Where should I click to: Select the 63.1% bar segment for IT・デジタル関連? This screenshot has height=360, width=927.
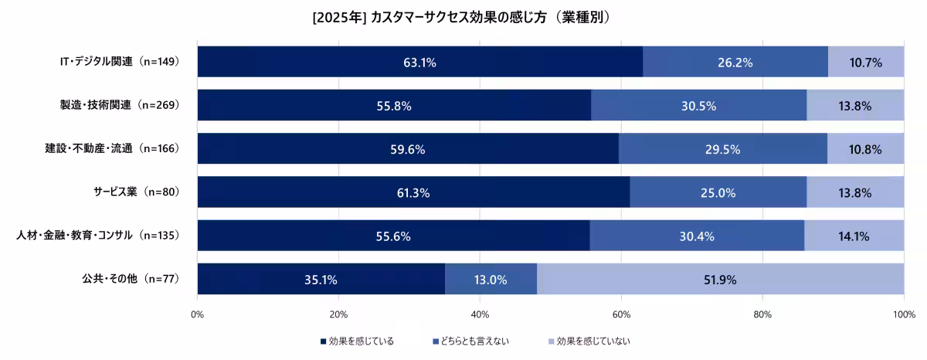pyautogui.click(x=419, y=62)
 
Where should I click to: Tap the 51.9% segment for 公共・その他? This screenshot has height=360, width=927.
pyautogui.click(x=720, y=280)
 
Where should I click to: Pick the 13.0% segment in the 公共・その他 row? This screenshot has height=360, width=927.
pyautogui.click(x=491, y=280)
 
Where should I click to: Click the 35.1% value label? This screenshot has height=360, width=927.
pyautogui.click(x=321, y=280)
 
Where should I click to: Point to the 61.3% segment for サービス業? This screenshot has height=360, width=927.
pyautogui.click(x=413, y=192)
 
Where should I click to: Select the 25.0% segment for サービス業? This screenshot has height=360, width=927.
pyautogui.click(x=718, y=192)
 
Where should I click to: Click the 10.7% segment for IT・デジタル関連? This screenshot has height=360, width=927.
pyautogui.click(x=865, y=62)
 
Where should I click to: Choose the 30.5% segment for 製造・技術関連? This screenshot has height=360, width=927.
pyautogui.click(x=698, y=106)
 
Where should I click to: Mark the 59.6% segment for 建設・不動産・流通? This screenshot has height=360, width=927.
pyautogui.click(x=408, y=149)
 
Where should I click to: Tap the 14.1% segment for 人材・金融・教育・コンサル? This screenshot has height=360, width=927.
pyautogui.click(x=854, y=236)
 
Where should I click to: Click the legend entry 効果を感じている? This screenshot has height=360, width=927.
pyautogui.click(x=356, y=341)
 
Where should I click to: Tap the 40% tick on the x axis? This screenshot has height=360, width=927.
pyautogui.click(x=480, y=314)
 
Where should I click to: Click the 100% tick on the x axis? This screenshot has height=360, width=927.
pyautogui.click(x=903, y=314)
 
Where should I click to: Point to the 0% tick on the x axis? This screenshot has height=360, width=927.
pyautogui.click(x=197, y=314)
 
